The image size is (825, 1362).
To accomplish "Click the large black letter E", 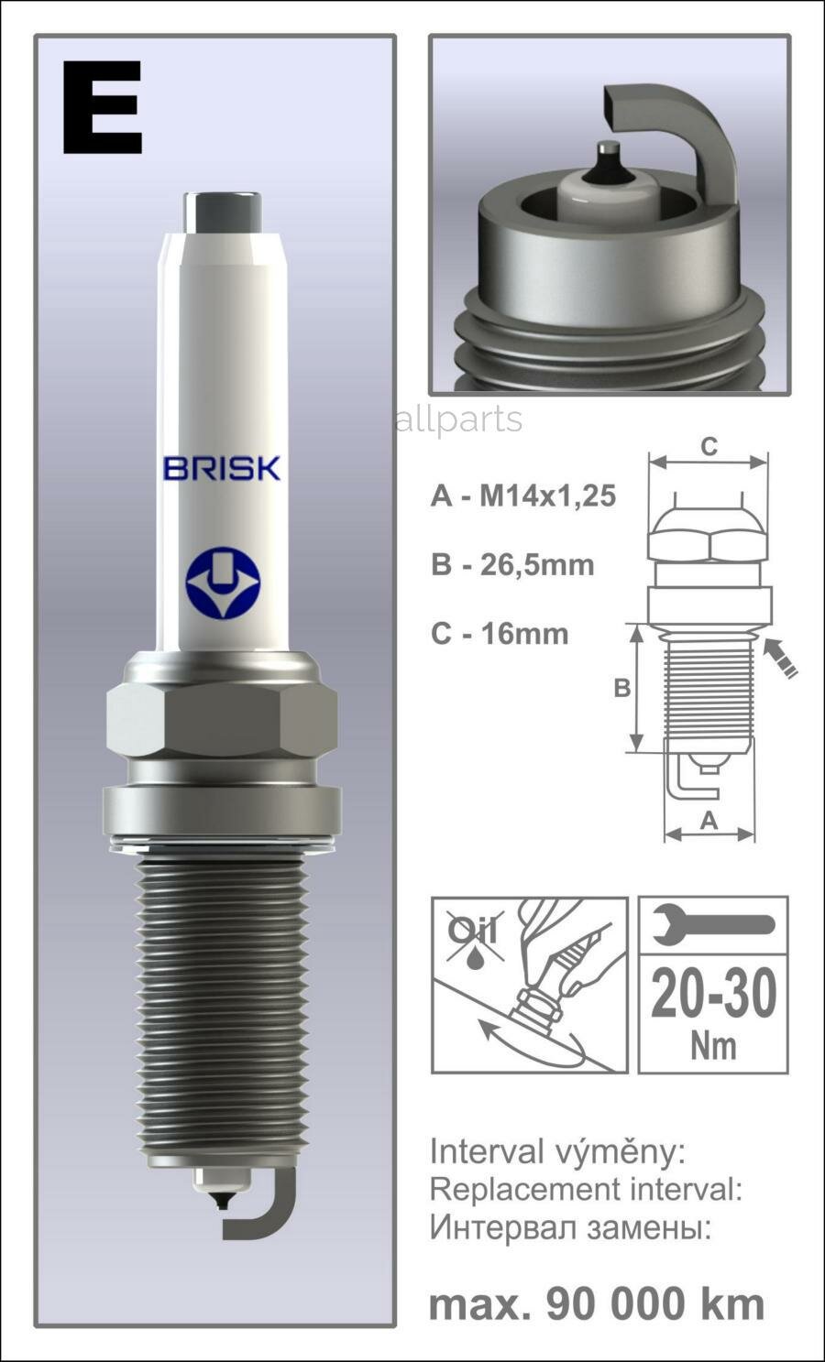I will [x=103, y=108].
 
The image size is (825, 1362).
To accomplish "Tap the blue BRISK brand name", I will [x=221, y=468].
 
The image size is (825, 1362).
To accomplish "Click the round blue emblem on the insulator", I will [x=223, y=583].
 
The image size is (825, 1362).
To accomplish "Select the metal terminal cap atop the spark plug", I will [x=222, y=212].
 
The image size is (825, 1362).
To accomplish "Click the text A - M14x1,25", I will [x=522, y=496].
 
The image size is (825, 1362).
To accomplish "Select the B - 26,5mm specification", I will [x=512, y=564].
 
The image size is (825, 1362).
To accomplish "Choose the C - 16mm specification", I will [x=500, y=633].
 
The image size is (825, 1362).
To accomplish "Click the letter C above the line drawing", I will [x=709, y=447].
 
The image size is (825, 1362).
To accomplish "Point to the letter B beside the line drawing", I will [x=621, y=688].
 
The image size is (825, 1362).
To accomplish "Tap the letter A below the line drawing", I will [x=709, y=821].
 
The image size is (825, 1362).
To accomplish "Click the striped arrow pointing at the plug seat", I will [x=781, y=659].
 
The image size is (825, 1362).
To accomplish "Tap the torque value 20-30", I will [x=713, y=995].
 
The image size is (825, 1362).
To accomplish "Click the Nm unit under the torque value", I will [x=713, y=1045].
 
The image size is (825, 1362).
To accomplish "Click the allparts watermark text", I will [x=458, y=419].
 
